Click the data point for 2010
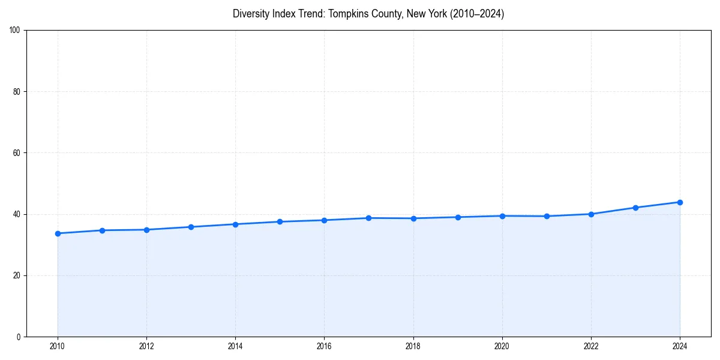click(58, 233)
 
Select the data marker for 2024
click(680, 202)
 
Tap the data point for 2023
click(635, 208)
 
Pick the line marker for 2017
click(369, 218)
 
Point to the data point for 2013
click(191, 227)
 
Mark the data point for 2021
click(547, 216)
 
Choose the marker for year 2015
click(280, 222)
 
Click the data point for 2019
click(458, 217)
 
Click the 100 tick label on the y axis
click(15, 30)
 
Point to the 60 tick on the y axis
click(17, 153)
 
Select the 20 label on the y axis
click(17, 275)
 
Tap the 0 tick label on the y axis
click(19, 337)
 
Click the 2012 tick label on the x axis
click(146, 346)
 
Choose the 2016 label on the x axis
click(324, 346)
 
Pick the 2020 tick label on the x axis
click(502, 346)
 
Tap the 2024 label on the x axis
click(680, 346)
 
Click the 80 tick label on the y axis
click(17, 92)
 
